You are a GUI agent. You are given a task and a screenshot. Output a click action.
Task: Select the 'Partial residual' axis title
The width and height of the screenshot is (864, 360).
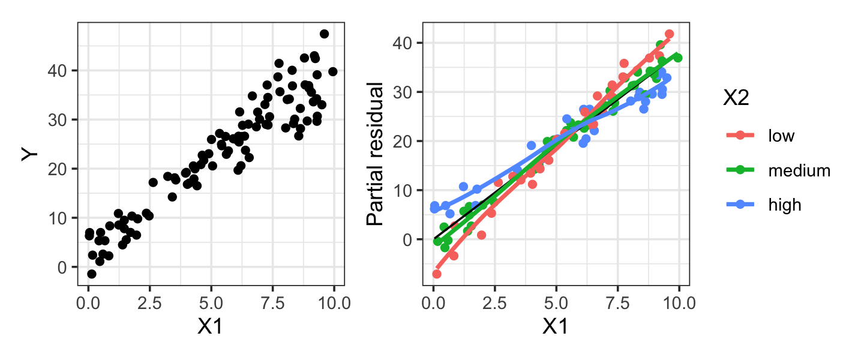tap(375, 155)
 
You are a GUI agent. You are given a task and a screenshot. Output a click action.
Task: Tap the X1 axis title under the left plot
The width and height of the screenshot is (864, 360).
tap(211, 326)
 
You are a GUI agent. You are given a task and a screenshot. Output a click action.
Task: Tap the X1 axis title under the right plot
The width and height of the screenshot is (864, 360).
tap(556, 326)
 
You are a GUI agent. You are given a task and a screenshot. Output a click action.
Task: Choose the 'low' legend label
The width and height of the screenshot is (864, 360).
tap(781, 136)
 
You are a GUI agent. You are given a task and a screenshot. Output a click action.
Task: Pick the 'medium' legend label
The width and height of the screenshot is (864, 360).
tap(799, 170)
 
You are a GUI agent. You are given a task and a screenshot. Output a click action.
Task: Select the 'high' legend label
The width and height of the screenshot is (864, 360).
tap(784, 205)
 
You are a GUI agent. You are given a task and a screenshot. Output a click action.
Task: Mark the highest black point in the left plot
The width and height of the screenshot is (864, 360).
tap(324, 34)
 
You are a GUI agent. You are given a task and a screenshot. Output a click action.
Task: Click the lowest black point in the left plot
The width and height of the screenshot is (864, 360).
tap(91, 274)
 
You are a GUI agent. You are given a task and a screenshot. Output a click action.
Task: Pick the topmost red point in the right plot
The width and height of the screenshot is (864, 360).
tap(669, 34)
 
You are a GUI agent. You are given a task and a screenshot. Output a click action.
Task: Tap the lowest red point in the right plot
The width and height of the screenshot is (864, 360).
tap(436, 274)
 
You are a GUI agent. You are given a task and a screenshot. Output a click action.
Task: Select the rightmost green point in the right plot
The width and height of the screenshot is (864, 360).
tap(678, 58)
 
